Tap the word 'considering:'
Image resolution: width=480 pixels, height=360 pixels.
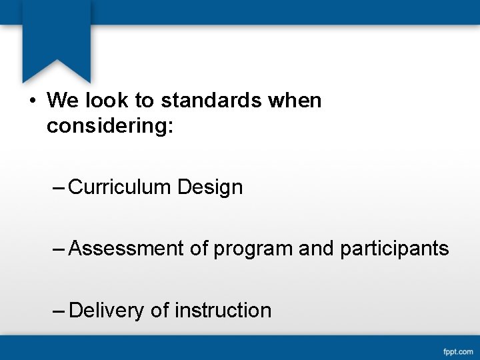(x=110, y=125)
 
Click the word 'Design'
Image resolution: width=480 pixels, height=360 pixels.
(x=210, y=187)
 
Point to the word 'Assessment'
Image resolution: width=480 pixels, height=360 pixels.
(x=127, y=249)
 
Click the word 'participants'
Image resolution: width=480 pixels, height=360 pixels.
(x=395, y=249)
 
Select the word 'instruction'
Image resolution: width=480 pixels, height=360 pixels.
(x=223, y=311)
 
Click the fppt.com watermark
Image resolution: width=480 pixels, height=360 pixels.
(x=458, y=351)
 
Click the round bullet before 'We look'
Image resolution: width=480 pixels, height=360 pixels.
(x=32, y=101)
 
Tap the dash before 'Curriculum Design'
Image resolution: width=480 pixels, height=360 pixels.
(x=59, y=187)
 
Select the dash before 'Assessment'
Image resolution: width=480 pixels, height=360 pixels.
(x=59, y=249)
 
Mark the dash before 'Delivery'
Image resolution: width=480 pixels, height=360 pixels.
(x=59, y=311)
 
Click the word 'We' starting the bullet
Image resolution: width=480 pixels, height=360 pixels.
(x=63, y=101)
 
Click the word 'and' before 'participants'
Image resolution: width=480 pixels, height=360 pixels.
(x=317, y=249)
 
